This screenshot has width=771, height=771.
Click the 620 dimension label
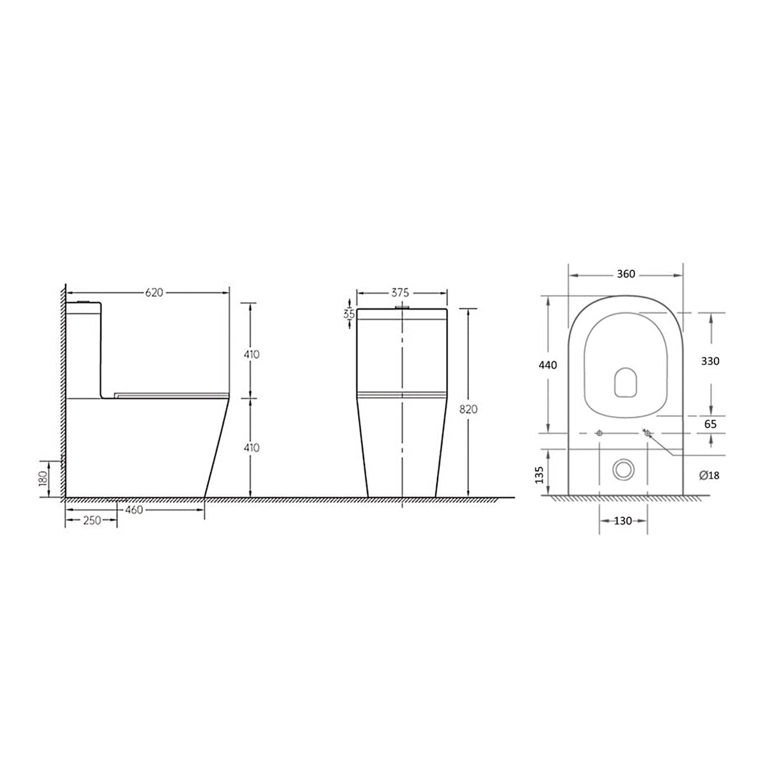pos(154,293)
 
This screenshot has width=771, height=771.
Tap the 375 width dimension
pos(400,293)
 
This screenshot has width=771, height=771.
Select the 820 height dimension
pos(468,409)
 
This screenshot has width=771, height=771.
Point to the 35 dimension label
pos(349,314)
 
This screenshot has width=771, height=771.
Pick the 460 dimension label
pos(134,510)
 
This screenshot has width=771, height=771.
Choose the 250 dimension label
pos(92,520)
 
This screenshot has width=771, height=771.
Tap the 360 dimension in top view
pos(626,274)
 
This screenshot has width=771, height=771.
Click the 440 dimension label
pos(548,365)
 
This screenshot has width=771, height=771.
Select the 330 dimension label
pos(710,361)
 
